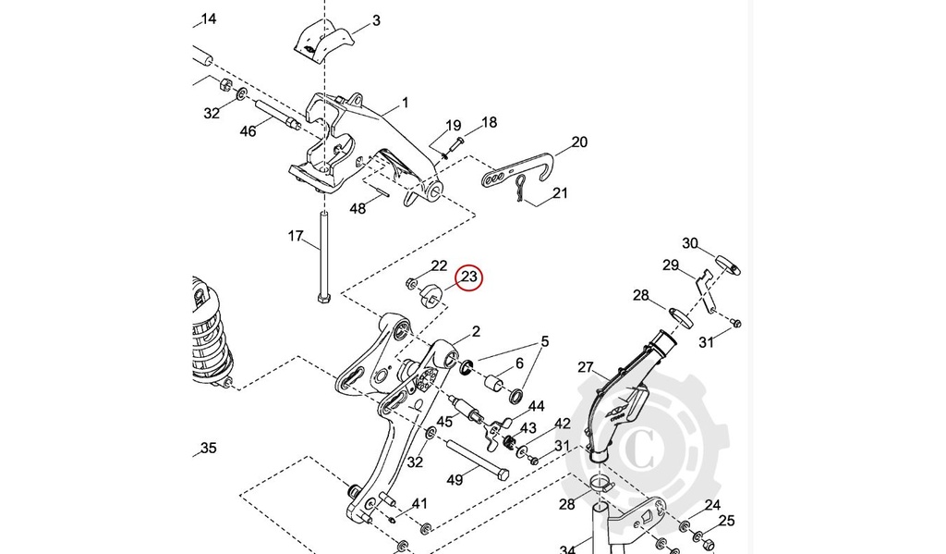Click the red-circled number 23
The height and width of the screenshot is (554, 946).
(x=469, y=277)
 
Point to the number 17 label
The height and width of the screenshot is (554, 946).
(x=295, y=236)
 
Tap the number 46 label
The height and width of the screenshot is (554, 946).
(x=248, y=131)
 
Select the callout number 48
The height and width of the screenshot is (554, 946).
(x=358, y=209)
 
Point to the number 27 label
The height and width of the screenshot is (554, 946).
(x=586, y=367)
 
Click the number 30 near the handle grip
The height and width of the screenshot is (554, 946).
(x=690, y=243)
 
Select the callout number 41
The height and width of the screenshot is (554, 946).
(x=419, y=503)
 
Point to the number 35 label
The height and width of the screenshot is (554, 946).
(x=209, y=449)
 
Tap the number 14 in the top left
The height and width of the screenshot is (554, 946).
(x=209, y=18)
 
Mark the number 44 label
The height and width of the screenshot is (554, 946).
(x=536, y=406)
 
